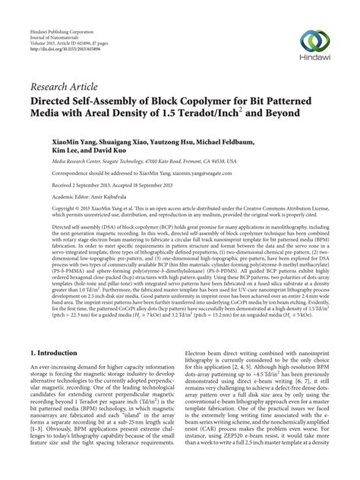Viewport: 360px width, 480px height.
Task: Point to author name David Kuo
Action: [122, 153]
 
